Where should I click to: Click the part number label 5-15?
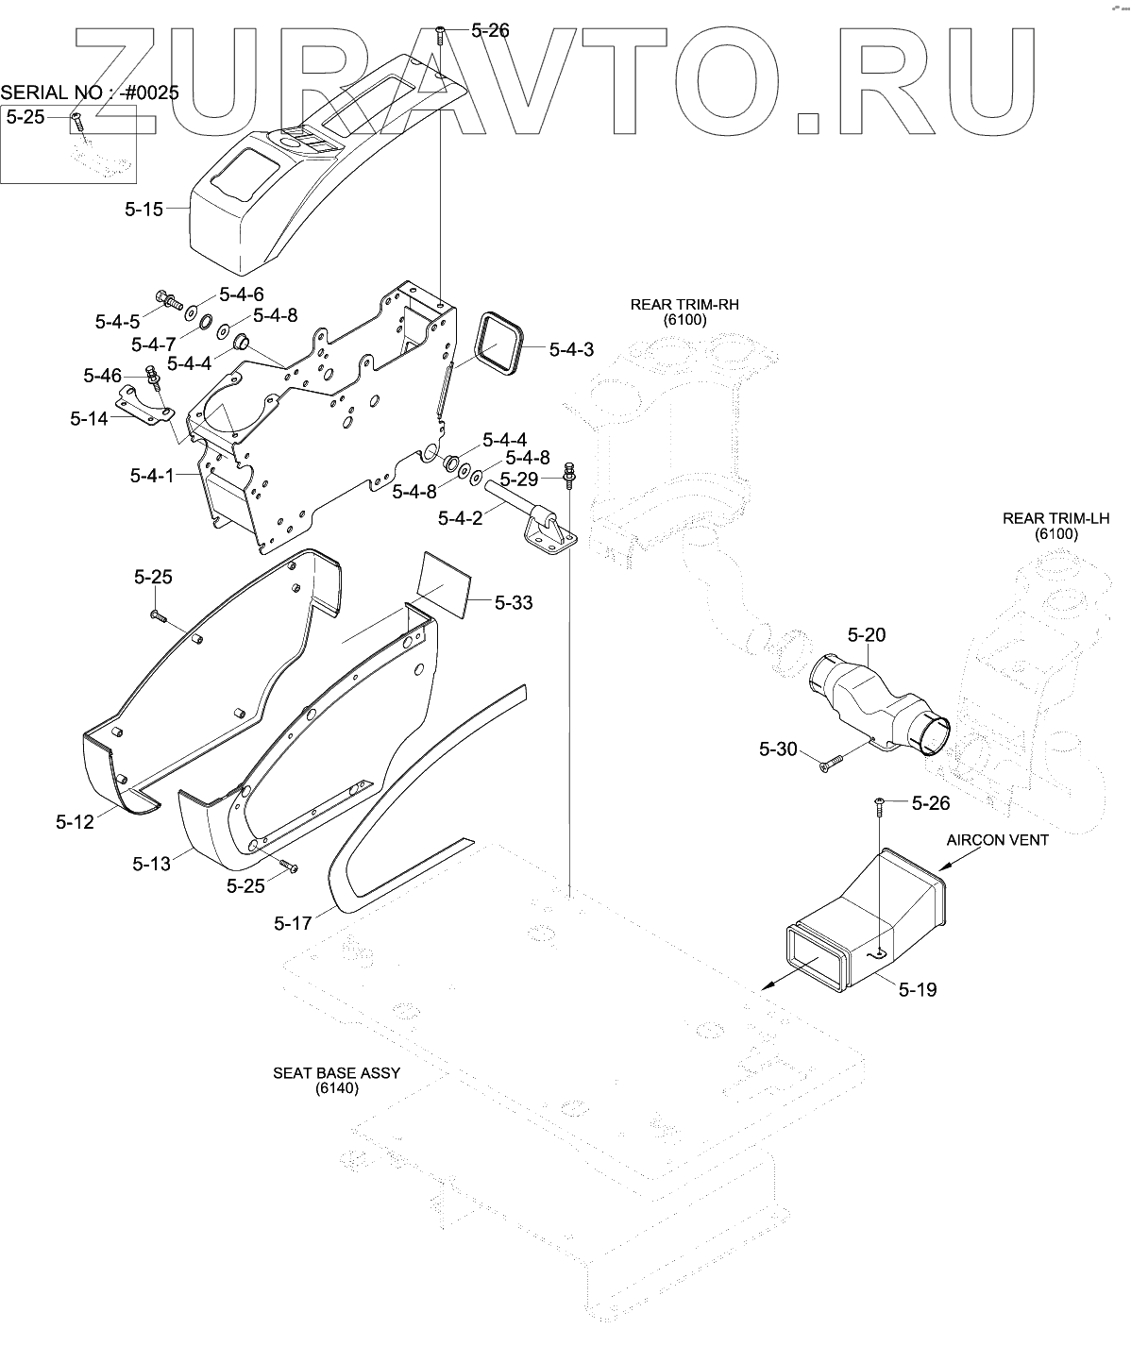pyautogui.click(x=143, y=210)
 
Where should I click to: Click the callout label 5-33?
pyautogui.click(x=513, y=602)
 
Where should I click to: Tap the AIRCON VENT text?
pyautogui.click(x=999, y=839)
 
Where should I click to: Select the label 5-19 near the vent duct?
pyautogui.click(x=918, y=990)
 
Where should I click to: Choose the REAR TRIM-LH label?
pyautogui.click(x=1055, y=518)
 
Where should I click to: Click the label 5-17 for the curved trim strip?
pyautogui.click(x=293, y=922)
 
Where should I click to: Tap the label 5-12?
pyautogui.click(x=75, y=821)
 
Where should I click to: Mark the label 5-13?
pyautogui.click(x=152, y=863)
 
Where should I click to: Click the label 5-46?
pyautogui.click(x=102, y=376)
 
